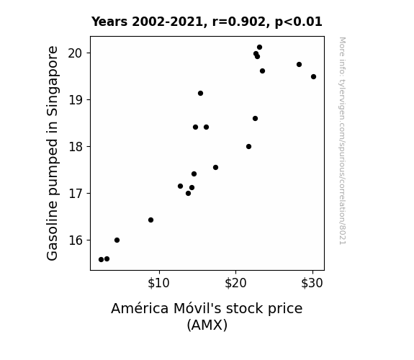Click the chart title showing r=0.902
point(207,22)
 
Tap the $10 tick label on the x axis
point(158,283)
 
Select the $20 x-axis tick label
point(235,283)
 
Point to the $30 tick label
point(312,283)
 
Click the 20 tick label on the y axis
point(76,53)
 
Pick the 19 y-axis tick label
point(76,100)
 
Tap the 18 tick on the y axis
point(76,147)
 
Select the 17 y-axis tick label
point(76,194)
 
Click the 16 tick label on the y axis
point(76,240)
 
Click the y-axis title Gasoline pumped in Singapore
point(52,153)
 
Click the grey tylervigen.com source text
point(342,141)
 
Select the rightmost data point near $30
point(313,76)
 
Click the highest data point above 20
point(259,48)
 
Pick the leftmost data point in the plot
point(101,260)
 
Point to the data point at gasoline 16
point(117,240)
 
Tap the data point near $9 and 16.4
point(150,220)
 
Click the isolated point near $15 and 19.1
point(200,93)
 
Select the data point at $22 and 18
point(248,147)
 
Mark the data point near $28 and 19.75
point(299,65)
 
